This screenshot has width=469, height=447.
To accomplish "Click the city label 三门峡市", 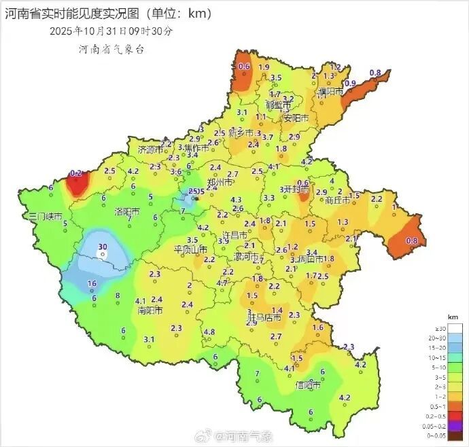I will [x=46, y=217].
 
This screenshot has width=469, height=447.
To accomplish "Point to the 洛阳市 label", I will [x=127, y=212].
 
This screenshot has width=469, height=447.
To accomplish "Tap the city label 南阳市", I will [x=150, y=310].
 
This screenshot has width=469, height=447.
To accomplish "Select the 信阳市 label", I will [x=308, y=385].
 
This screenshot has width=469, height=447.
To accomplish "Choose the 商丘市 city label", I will [x=338, y=200].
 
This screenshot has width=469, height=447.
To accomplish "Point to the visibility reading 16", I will [x=92, y=283].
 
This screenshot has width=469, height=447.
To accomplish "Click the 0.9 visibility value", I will [x=351, y=83].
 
